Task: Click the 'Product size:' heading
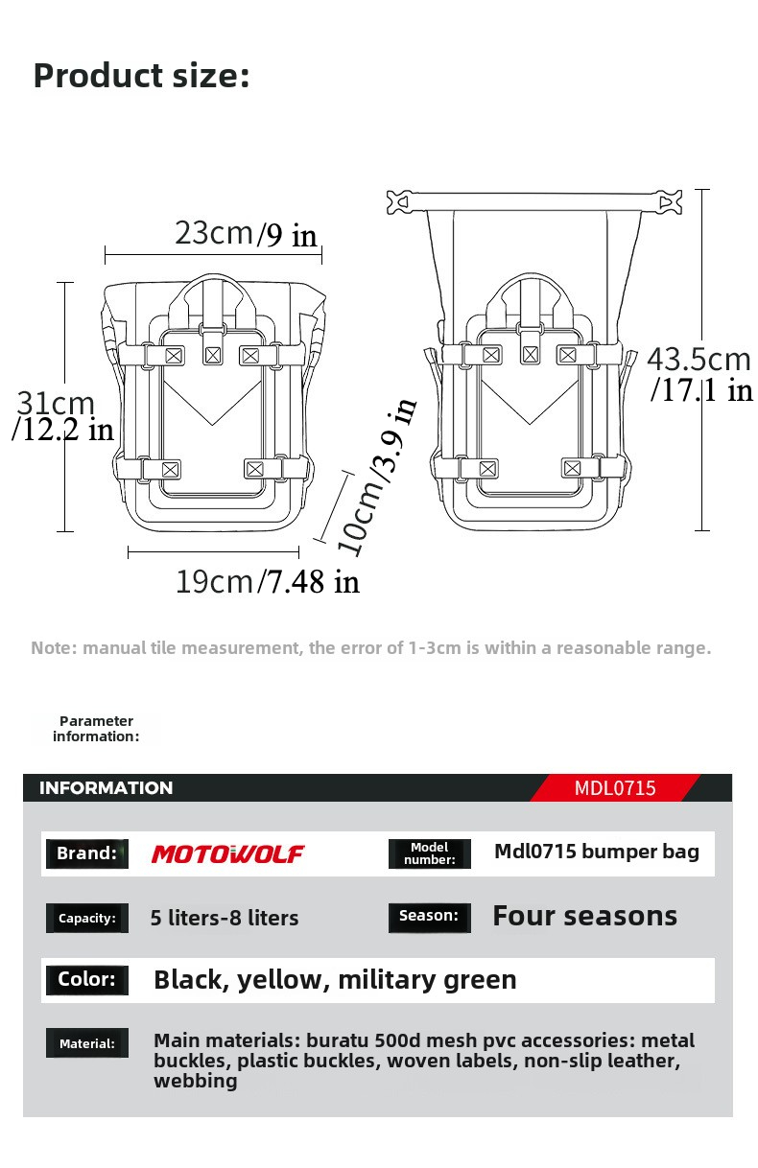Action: pyautogui.click(x=141, y=75)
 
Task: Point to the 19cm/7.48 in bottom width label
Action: pyautogui.click(x=267, y=580)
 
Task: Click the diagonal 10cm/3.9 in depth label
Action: pyautogui.click(x=376, y=478)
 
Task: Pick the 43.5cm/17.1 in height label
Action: pyautogui.click(x=699, y=373)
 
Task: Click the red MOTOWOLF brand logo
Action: pyautogui.click(x=227, y=853)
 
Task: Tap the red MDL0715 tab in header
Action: pyautogui.click(x=615, y=788)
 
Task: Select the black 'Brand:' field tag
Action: pyautogui.click(x=86, y=853)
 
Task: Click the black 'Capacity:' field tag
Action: pyautogui.click(x=86, y=918)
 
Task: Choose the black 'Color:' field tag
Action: pyautogui.click(x=86, y=979)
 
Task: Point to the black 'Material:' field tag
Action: pyautogui.click(x=86, y=1043)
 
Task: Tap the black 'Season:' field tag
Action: pyautogui.click(x=429, y=916)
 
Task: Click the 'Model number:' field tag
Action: pyautogui.click(x=429, y=853)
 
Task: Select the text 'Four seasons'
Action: pyautogui.click(x=584, y=916)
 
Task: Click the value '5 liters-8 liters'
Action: pyautogui.click(x=225, y=918)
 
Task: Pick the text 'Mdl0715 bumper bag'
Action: pyautogui.click(x=596, y=852)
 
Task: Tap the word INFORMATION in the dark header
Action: pyautogui.click(x=106, y=788)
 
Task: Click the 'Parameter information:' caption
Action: pyautogui.click(x=96, y=729)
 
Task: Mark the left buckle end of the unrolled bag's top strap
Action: pyautogui.click(x=405, y=202)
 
